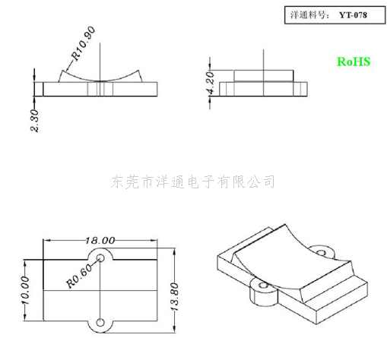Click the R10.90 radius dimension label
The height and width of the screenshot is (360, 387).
tap(84, 43)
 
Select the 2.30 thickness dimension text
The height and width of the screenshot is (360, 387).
tap(34, 121)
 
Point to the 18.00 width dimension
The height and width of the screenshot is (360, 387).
tap(100, 240)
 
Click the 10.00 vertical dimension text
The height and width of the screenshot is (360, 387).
tap(26, 290)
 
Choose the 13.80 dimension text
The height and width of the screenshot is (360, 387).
tap(175, 297)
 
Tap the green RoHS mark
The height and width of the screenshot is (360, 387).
tap(354, 62)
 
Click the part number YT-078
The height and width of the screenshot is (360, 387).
tap(353, 15)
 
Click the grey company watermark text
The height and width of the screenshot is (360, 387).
tap(192, 182)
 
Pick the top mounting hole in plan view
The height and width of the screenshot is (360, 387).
tap(100, 258)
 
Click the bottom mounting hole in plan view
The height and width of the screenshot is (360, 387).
tap(100, 323)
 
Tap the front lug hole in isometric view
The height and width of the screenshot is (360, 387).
tap(264, 286)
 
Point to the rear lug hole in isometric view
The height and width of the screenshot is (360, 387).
tap(322, 252)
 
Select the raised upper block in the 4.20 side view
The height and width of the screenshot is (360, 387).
tap(264, 76)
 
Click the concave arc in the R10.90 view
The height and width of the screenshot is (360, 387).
tap(100, 81)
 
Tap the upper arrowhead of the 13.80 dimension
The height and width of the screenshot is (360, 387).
tap(174, 252)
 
